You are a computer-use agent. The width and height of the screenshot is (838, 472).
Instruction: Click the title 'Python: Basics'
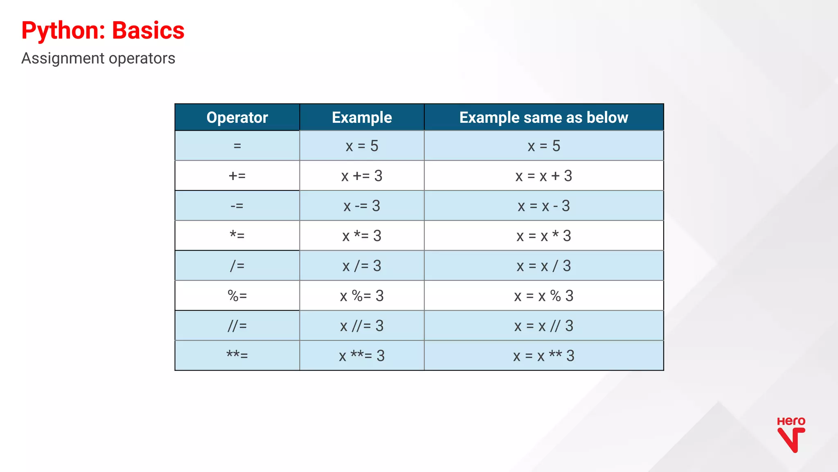[103, 31]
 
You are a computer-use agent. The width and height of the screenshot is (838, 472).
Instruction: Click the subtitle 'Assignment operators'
[98, 59]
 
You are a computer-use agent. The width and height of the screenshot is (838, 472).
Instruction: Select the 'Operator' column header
[237, 117]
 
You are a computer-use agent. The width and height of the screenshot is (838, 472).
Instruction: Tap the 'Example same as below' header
[543, 117]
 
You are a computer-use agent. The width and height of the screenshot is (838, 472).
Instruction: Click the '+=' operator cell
[237, 176]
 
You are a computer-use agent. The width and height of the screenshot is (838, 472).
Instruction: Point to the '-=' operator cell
[237, 206]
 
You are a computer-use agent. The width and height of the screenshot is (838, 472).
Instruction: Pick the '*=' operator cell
[237, 235]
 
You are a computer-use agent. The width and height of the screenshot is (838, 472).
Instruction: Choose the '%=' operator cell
[237, 296]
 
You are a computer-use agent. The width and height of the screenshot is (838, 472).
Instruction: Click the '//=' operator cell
[237, 325]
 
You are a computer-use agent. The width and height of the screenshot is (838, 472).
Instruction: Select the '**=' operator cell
[237, 355]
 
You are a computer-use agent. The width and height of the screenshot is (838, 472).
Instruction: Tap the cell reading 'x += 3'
[362, 176]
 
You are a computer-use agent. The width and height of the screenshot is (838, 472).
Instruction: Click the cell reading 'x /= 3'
[362, 266]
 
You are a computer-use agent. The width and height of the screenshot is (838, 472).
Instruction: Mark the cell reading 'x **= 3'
[362, 355]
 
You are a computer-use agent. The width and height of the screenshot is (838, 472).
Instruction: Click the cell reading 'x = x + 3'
[543, 176]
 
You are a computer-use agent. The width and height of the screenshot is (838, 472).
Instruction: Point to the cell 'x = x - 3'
[543, 206]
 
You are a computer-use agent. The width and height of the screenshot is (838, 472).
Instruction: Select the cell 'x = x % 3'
[543, 296]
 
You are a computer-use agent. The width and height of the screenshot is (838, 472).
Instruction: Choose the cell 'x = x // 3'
[543, 325]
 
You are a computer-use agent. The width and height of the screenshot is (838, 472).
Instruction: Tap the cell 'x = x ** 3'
[543, 355]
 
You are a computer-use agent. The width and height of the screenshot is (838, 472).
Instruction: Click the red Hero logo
[791, 435]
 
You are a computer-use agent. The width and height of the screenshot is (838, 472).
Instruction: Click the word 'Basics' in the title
[148, 31]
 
